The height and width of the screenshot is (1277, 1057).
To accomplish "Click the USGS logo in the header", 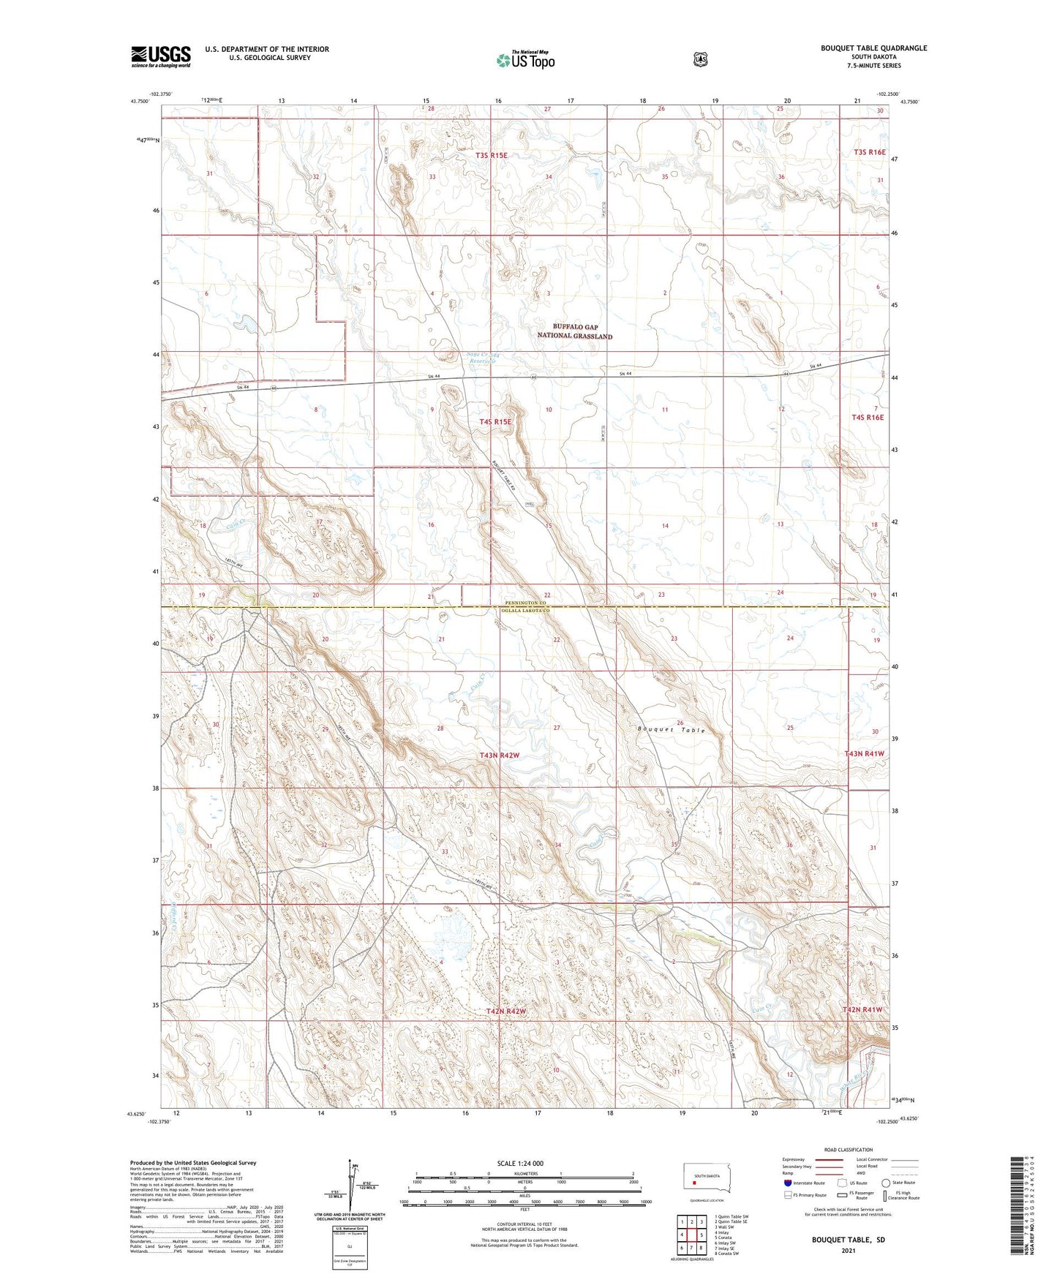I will pyautogui.click(x=161, y=56).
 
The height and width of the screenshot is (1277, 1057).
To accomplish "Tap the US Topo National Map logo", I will pyautogui.click(x=524, y=59).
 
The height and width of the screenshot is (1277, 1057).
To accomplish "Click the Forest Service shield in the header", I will pyautogui.click(x=701, y=59).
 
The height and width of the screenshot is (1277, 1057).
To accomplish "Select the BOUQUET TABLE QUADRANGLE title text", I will pyautogui.click(x=873, y=48).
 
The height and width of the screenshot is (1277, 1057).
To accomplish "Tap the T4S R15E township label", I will pyautogui.click(x=495, y=422).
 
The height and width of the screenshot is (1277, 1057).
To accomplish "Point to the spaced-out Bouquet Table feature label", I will pyautogui.click(x=671, y=730).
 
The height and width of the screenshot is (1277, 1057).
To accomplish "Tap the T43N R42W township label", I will pyautogui.click(x=500, y=755).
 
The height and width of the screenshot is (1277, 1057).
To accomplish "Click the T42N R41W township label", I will pyautogui.click(x=862, y=1009).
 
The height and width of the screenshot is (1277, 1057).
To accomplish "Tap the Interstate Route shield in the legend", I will pyautogui.click(x=787, y=1183).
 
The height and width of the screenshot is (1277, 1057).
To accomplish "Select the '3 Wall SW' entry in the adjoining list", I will pyautogui.click(x=729, y=1227).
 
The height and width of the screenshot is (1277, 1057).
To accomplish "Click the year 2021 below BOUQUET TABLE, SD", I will pyautogui.click(x=848, y=1251).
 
